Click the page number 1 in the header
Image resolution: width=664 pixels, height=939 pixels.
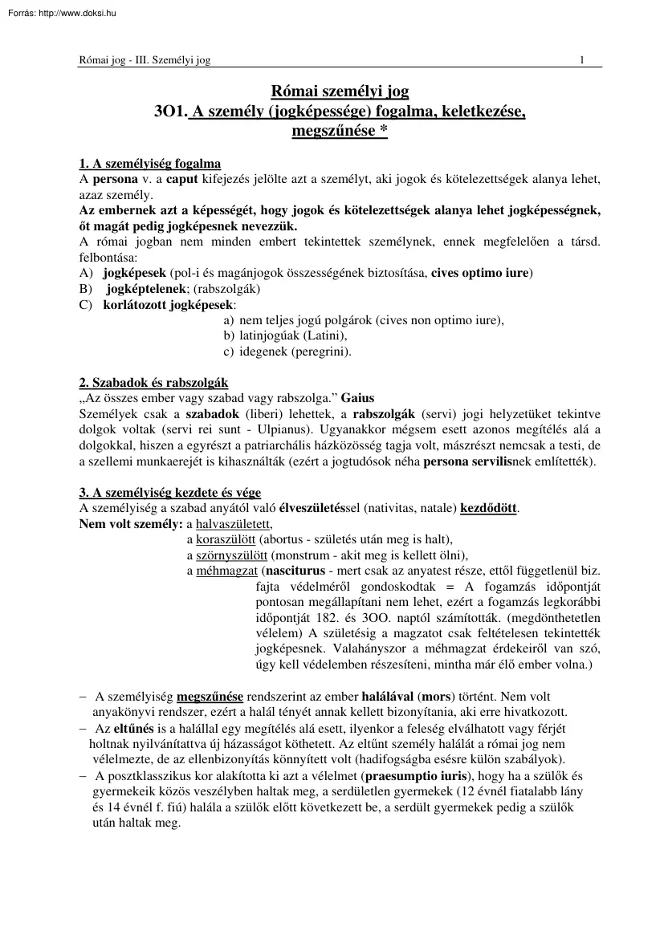[581, 59]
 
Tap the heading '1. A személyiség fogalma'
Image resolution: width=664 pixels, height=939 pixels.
[150, 165]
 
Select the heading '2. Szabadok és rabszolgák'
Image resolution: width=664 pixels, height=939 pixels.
[153, 383]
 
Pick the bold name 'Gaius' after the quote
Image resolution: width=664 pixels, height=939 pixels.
[357, 398]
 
